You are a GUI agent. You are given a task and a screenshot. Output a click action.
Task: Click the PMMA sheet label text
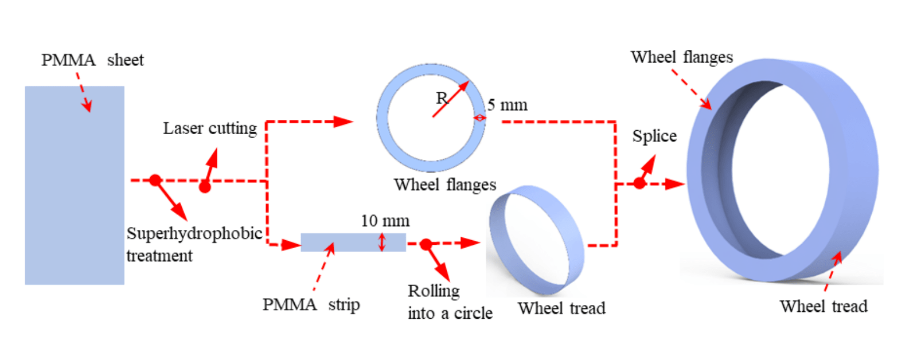tap(92, 60)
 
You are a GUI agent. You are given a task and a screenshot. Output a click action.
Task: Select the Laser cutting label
tap(210, 128)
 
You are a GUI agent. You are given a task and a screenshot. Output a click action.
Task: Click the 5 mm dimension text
tap(508, 105)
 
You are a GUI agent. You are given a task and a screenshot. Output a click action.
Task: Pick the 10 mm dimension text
tap(385, 221)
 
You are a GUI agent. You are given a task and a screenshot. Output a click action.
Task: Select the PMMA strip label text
tap(311, 304)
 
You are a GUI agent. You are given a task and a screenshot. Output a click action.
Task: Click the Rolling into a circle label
tap(450, 302)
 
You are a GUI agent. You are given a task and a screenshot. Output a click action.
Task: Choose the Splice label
tap(654, 136)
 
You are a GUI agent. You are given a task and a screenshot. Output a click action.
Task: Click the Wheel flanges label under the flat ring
tap(445, 185)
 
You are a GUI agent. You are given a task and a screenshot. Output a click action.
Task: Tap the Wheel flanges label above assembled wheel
tap(682, 57)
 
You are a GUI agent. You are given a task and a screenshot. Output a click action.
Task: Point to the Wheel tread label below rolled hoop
tap(561, 308)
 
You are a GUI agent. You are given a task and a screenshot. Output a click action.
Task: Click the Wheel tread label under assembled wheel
tap(824, 306)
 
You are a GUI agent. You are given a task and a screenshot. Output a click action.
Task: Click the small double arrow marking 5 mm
tap(479, 118)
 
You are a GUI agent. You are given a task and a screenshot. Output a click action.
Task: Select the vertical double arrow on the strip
tap(382, 242)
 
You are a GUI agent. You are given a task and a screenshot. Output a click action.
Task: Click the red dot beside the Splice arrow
tap(639, 183)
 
